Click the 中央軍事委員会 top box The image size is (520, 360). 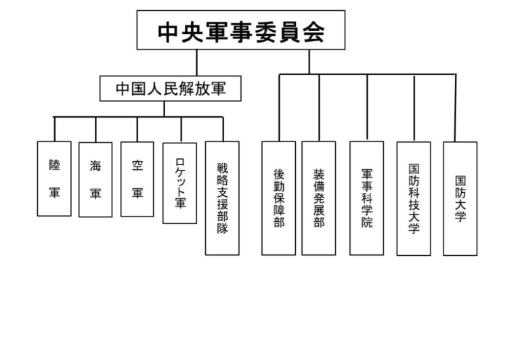click(x=240, y=30)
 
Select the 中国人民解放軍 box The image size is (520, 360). click(x=170, y=89)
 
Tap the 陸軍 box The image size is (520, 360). click(x=54, y=179)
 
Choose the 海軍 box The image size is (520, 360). click(x=95, y=179)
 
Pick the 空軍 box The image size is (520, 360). click(x=137, y=179)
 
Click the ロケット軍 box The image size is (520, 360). click(x=180, y=183)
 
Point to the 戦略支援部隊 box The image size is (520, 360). click(x=223, y=198)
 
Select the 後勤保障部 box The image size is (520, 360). click(x=278, y=198)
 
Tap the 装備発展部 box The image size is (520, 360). click(x=318, y=198)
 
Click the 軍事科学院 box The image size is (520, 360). click(x=367, y=198)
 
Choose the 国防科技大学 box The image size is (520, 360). click(x=414, y=198)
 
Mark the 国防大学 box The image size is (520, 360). click(x=460, y=198)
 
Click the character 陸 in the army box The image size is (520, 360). click(x=54, y=164)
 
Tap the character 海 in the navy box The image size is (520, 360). click(x=95, y=165)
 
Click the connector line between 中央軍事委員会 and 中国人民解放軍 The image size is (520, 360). click(x=197, y=62)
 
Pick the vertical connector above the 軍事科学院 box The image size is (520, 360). click(x=367, y=108)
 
